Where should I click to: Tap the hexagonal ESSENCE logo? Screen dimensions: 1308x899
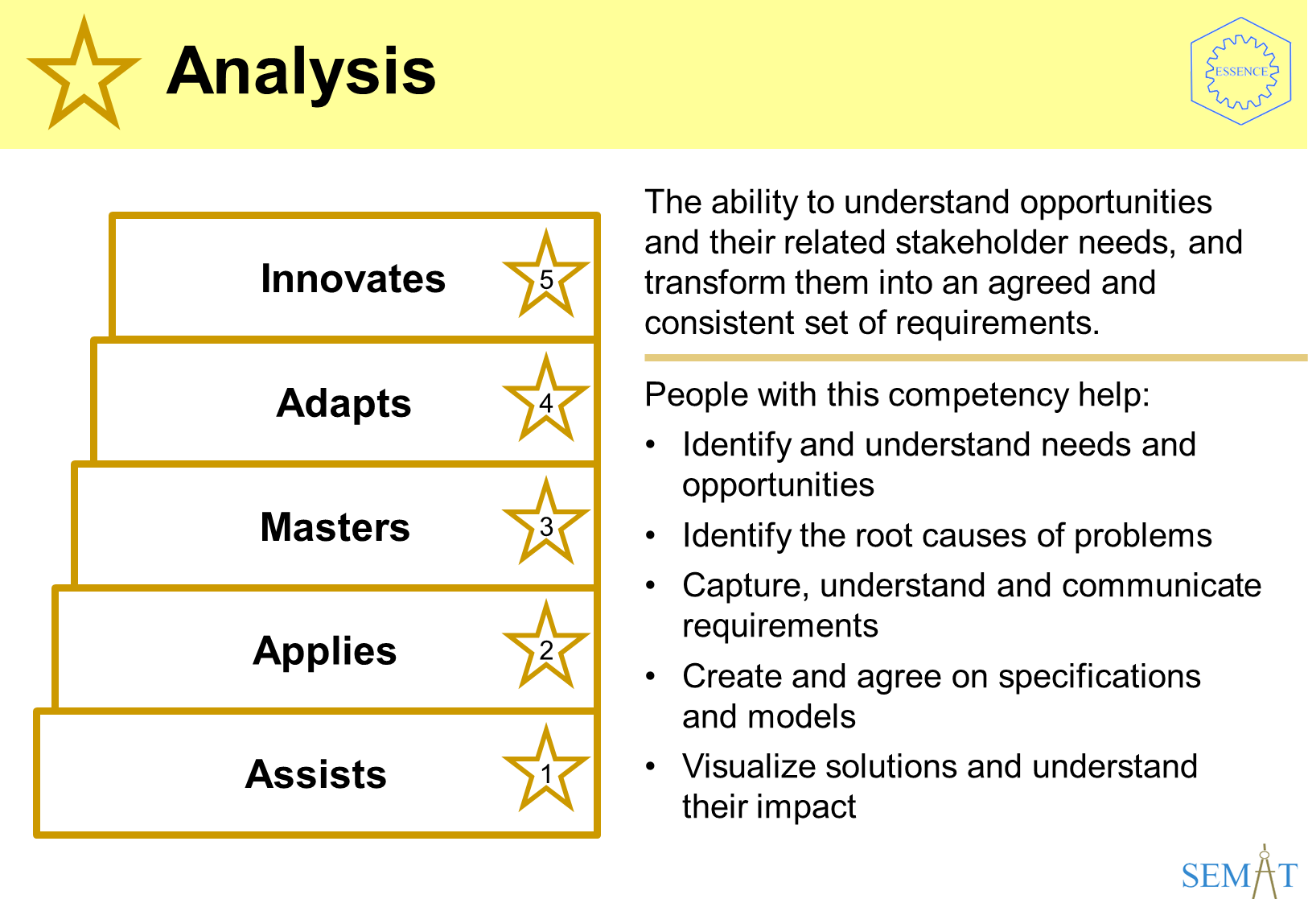(1241, 72)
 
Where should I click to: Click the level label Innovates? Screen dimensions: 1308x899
(353, 278)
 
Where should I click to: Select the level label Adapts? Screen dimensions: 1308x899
(344, 404)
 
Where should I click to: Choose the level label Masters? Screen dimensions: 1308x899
(335, 527)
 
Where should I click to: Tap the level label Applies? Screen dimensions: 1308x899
(325, 652)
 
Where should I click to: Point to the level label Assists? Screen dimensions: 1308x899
(316, 774)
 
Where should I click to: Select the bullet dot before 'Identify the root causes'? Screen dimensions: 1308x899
(651, 536)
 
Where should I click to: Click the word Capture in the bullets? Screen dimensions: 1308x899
(746, 586)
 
